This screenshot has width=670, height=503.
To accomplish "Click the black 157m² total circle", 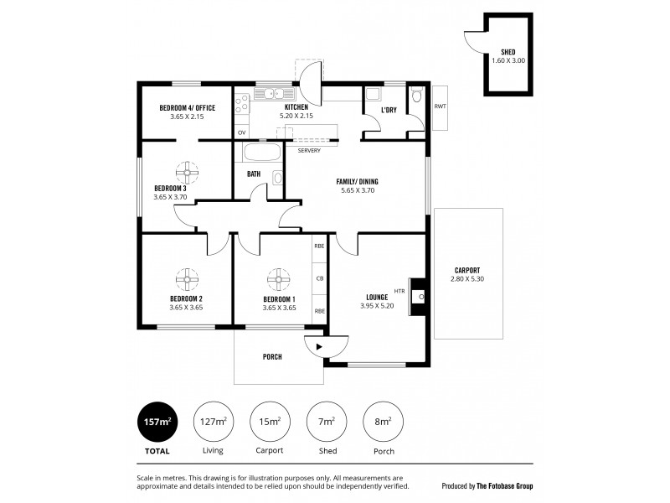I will coord(157,421).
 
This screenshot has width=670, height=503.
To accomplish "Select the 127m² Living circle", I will coord(213,421).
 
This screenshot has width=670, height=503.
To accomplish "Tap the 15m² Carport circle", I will coord(269,421).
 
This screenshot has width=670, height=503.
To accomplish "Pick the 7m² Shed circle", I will coord(325,421).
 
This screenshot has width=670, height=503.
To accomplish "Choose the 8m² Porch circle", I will coord(381,421).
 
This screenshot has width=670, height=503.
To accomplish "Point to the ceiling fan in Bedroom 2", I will coord(186,277).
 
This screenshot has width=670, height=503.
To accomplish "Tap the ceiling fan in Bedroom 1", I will coord(278,277).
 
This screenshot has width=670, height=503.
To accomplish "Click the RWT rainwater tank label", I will coord(440,106).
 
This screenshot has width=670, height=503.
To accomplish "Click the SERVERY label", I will coord(309,151).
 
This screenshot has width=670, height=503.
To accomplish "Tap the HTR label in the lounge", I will coord(399,291).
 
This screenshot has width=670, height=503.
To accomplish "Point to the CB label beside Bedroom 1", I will coord(320,278).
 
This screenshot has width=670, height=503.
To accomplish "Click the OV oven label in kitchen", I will coord(242,132).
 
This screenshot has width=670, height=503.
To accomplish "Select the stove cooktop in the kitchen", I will coord(242,105).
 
